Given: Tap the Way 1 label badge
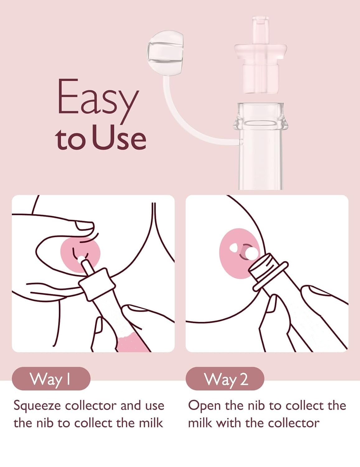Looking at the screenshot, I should pos(51,379).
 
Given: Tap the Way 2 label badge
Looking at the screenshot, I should pos(225,379).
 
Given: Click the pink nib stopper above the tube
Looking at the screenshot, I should pos(260,62).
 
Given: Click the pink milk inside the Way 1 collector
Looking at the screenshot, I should pos(131,341).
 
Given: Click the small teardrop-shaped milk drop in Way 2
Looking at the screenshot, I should pos(233,248).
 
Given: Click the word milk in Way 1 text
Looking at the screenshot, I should pos(152,423).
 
